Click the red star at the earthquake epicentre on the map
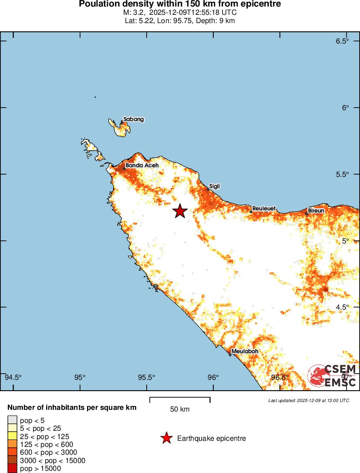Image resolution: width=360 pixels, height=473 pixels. coord(180,211)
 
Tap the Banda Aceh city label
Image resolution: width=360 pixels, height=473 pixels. coord(142,166)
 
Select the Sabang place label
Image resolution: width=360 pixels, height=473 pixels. coord(134,119)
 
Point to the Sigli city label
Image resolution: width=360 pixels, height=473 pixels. coord(215,186)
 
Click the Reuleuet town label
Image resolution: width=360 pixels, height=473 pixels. coord(264,209)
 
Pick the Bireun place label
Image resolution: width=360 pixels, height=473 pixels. coord(316,211)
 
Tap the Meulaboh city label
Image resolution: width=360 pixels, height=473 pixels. coord(245,351)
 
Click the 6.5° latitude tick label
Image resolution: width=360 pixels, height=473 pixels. coord(343,41)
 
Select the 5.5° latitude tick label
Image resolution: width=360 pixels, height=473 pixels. coord(343,174)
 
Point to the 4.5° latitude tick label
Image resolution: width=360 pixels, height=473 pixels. coord(343,307)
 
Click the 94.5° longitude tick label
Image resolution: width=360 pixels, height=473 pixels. coord(13,377)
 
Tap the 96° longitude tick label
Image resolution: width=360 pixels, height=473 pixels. coord(213,377)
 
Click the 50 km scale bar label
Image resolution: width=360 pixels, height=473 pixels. coord(180,409)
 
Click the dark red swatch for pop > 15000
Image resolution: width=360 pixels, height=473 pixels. coord(12,469)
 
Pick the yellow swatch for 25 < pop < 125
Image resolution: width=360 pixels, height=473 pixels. coord(12,436)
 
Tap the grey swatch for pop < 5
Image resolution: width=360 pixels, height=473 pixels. coord(12,420)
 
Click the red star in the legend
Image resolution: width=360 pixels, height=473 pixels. coord(166,438)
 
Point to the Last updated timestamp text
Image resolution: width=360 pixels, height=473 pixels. coord(309,400)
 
